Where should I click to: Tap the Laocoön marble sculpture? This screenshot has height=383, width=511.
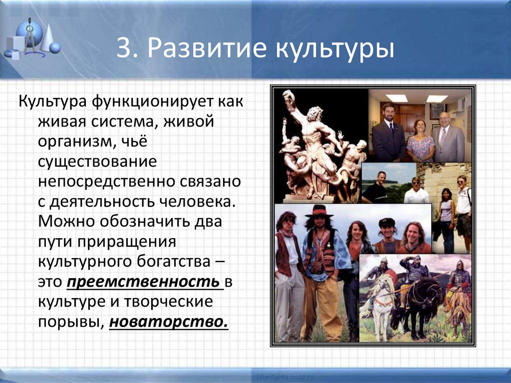coord(319,145)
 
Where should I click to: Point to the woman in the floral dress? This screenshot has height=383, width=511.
coord(420,142)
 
